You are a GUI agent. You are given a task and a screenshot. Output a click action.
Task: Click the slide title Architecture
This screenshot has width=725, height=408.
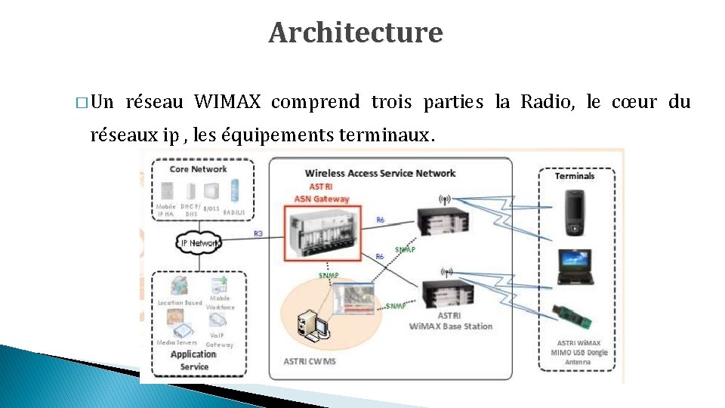coord(355,32)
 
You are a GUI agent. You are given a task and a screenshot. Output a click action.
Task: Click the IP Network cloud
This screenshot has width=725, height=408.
coord(200,243)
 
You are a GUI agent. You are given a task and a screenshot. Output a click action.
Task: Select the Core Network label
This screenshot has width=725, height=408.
coord(198,169)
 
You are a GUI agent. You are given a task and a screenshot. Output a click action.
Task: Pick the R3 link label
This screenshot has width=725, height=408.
coord(258,234)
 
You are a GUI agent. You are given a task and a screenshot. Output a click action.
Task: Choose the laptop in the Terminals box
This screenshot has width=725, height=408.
coord(576,266)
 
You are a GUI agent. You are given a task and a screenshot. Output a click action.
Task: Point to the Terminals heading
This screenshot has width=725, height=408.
coord(575,176)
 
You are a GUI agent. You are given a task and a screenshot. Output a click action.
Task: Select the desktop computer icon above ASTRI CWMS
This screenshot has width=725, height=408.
coord(311,326)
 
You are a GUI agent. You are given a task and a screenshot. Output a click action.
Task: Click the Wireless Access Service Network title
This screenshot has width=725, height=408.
coord(380,173)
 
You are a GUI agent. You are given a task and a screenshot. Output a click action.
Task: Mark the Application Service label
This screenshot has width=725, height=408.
coord(194,360)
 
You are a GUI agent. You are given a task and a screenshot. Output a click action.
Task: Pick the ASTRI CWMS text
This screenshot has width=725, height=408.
coord(310,361)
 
